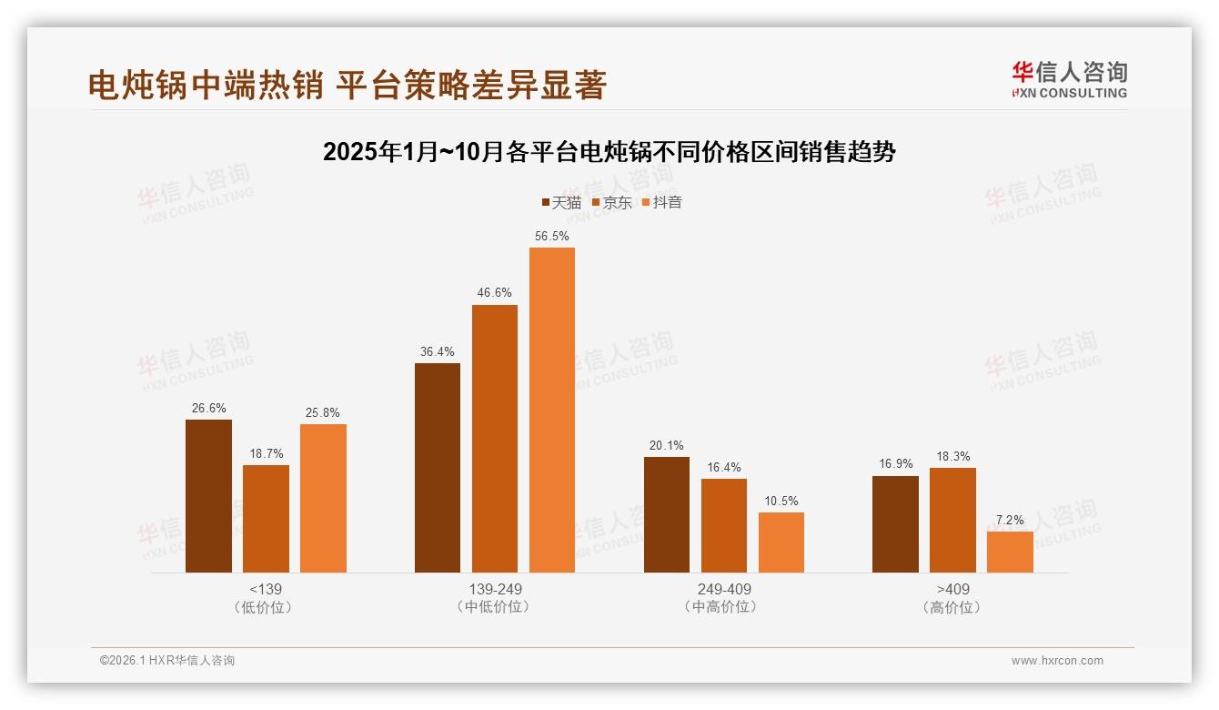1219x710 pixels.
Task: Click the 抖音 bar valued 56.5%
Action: click(x=552, y=410)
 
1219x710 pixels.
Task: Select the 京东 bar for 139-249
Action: click(x=495, y=439)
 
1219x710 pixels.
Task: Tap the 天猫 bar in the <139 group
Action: click(x=208, y=496)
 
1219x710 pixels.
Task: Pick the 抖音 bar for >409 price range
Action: click(x=1010, y=552)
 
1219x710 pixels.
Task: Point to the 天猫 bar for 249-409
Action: click(x=667, y=514)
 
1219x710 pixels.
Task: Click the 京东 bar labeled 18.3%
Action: click(x=952, y=520)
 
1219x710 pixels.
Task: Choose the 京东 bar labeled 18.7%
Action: click(x=266, y=519)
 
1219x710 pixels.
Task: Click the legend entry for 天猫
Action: click(x=561, y=202)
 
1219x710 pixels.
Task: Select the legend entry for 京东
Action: click(x=611, y=202)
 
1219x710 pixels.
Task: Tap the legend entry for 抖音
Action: click(x=661, y=202)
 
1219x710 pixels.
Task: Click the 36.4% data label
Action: click(x=437, y=351)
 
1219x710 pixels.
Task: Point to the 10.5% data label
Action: click(x=781, y=501)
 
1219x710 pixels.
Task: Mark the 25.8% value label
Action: click(x=323, y=412)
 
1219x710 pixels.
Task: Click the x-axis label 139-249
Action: click(x=495, y=589)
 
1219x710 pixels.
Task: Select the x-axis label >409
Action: click(x=952, y=589)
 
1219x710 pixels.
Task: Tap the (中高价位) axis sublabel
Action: click(x=724, y=607)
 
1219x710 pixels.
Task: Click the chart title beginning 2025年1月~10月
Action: click(x=609, y=152)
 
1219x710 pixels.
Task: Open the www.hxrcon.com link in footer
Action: click(x=1057, y=661)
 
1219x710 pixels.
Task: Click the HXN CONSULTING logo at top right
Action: click(x=1069, y=80)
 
